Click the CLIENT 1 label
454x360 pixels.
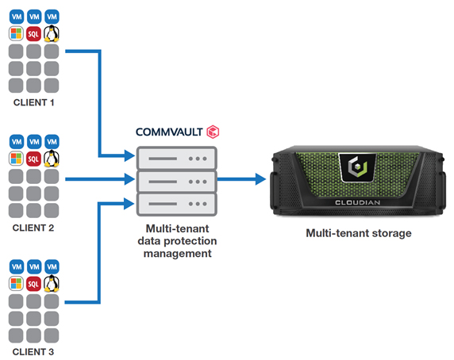tap(33, 102)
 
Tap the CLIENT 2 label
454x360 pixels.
tap(33, 228)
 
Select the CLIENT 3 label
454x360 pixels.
tap(33, 352)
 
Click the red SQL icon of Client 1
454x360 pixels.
tap(33, 34)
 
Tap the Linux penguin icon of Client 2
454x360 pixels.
tap(52, 159)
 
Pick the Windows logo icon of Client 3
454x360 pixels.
tap(16, 284)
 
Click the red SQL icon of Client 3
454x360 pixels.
tap(33, 284)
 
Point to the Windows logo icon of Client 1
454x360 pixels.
tap(16, 33)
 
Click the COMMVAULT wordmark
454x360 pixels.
tap(169, 132)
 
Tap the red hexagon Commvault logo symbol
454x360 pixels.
tap(213, 132)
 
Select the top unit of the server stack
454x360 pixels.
tap(177, 158)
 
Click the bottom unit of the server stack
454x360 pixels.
tap(177, 204)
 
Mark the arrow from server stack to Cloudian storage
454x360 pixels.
tap(241, 179)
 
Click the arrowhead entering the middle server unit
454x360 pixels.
tap(129, 179)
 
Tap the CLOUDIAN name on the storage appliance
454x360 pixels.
tap(358, 203)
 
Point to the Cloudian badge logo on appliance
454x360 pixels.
tap(358, 168)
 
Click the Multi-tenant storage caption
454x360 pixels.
tap(359, 233)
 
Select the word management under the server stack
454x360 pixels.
tap(178, 254)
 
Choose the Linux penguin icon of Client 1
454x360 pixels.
tap(52, 33)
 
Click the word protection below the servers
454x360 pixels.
tap(190, 241)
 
